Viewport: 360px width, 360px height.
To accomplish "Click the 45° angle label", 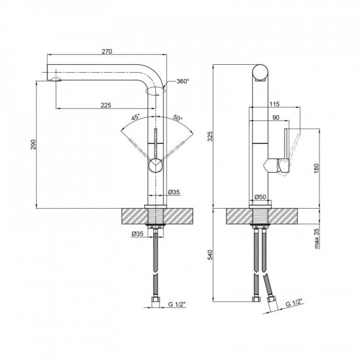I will (x=135, y=118).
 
